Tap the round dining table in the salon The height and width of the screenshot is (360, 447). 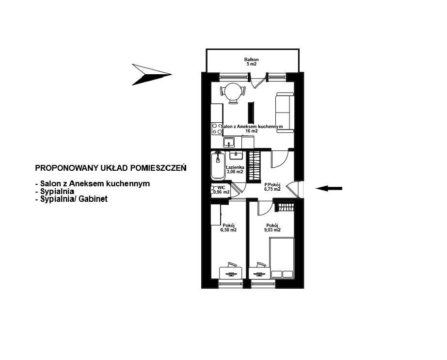point(233,90)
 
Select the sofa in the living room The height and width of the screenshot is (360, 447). point(284,112)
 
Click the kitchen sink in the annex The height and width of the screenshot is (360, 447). point(229,142)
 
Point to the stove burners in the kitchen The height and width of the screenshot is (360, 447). point(216,129)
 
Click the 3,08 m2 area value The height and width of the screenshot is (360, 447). point(235,172)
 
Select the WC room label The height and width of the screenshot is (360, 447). point(221,187)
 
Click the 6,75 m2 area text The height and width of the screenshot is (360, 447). point(272,189)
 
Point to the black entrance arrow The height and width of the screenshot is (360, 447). point(329,188)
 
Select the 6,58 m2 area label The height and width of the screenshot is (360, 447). point(228,230)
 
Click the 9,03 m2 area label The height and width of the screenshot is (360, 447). point(272,230)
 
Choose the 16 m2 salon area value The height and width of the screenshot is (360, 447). point(251,131)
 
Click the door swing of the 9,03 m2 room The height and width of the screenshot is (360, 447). point(264,207)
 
